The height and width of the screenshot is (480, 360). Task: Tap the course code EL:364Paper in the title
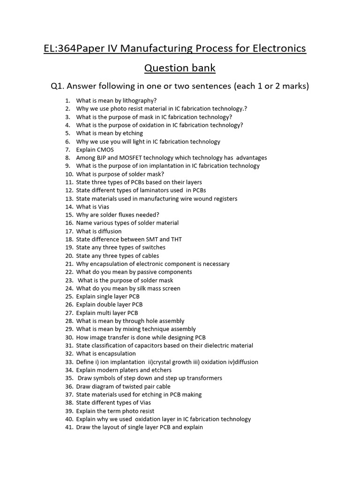click(x=72, y=48)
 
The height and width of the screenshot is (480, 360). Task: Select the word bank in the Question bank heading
click(x=202, y=68)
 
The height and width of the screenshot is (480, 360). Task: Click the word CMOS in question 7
click(x=105, y=150)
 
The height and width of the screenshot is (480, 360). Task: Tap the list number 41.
click(x=69, y=427)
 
